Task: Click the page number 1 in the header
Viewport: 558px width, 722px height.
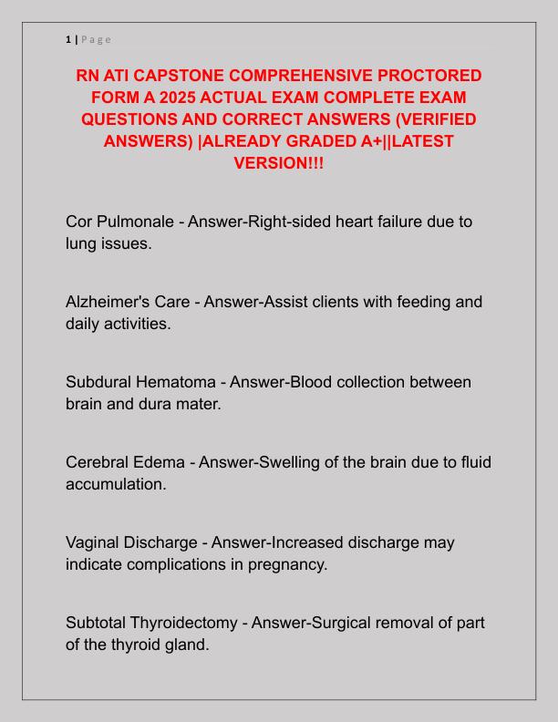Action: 68,39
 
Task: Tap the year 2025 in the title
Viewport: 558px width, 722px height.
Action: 150,97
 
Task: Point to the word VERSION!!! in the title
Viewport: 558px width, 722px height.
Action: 278,162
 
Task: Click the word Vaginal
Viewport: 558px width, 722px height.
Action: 96,542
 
